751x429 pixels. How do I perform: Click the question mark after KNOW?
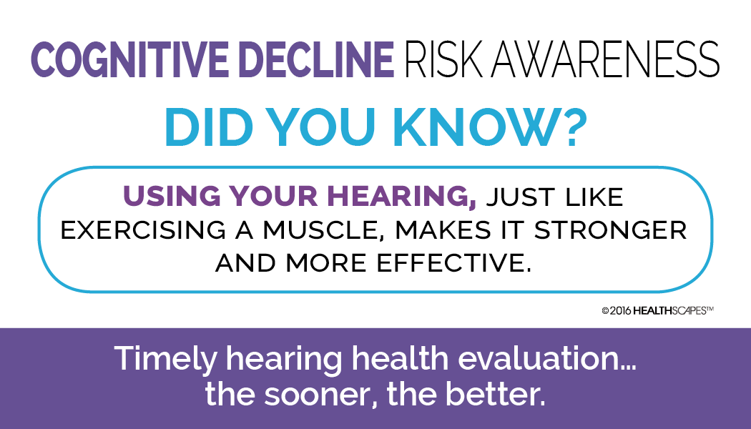568,129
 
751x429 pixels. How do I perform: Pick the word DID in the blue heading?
207,129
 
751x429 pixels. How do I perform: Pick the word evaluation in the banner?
536,358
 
